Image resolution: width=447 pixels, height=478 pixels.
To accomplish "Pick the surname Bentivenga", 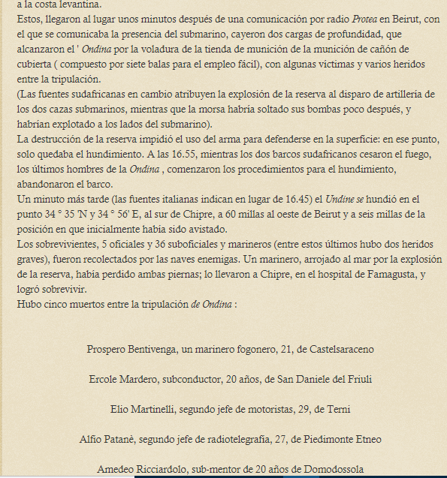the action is [163, 350].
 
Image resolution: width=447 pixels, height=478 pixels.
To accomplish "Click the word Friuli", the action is [356, 379].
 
